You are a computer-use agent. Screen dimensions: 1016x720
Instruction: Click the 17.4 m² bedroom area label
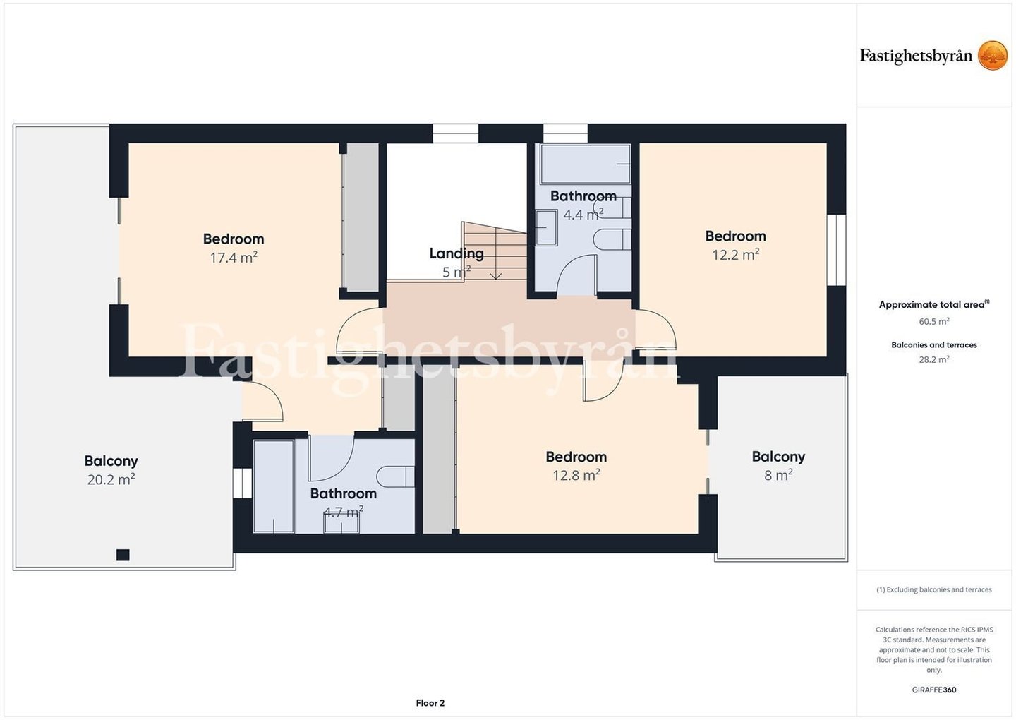(234, 258)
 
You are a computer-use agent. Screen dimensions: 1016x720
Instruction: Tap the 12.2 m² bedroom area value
(736, 255)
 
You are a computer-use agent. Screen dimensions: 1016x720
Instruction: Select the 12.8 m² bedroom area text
(576, 476)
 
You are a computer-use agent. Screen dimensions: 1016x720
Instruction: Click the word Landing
(456, 253)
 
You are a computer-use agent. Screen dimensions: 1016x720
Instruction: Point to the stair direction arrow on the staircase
(496, 253)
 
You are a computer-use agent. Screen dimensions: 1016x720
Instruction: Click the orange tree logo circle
(993, 55)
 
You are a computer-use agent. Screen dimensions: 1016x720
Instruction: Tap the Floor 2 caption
(430, 703)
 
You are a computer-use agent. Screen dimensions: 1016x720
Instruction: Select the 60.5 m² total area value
(934, 321)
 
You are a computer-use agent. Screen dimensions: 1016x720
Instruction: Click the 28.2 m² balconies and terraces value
(934, 359)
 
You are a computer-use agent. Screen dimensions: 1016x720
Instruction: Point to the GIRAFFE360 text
(934, 690)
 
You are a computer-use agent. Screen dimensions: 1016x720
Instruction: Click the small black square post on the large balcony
(123, 555)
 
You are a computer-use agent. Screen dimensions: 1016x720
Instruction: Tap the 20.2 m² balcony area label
(111, 479)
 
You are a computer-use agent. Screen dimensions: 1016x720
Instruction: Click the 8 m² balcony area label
(778, 476)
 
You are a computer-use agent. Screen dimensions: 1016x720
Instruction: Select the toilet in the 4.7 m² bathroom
(396, 476)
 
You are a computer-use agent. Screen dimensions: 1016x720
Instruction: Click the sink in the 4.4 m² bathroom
(546, 228)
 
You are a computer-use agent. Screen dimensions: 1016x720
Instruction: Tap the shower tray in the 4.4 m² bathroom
(585, 164)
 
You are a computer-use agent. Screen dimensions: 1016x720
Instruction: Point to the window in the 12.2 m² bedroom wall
(836, 250)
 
